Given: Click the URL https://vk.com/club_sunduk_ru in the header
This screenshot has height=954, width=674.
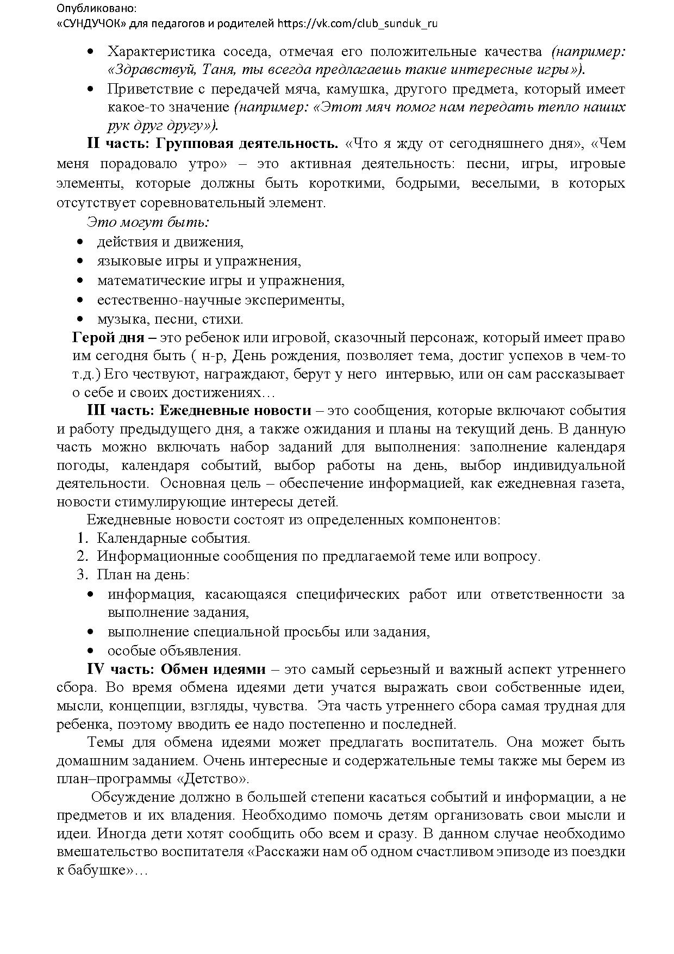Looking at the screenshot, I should pyautogui.click(x=357, y=23).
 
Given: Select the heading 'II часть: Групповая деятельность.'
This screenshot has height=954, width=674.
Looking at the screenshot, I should pyautogui.click(x=213, y=144).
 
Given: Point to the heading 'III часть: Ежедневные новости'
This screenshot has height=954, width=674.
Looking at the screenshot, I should pyautogui.click(x=199, y=411).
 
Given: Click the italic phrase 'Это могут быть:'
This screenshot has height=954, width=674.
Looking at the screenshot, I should pyautogui.click(x=148, y=222).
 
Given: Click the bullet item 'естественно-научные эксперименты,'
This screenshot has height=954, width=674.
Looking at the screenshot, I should pyautogui.click(x=221, y=300).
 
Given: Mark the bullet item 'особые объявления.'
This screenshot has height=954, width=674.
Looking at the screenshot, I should pyautogui.click(x=174, y=651).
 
